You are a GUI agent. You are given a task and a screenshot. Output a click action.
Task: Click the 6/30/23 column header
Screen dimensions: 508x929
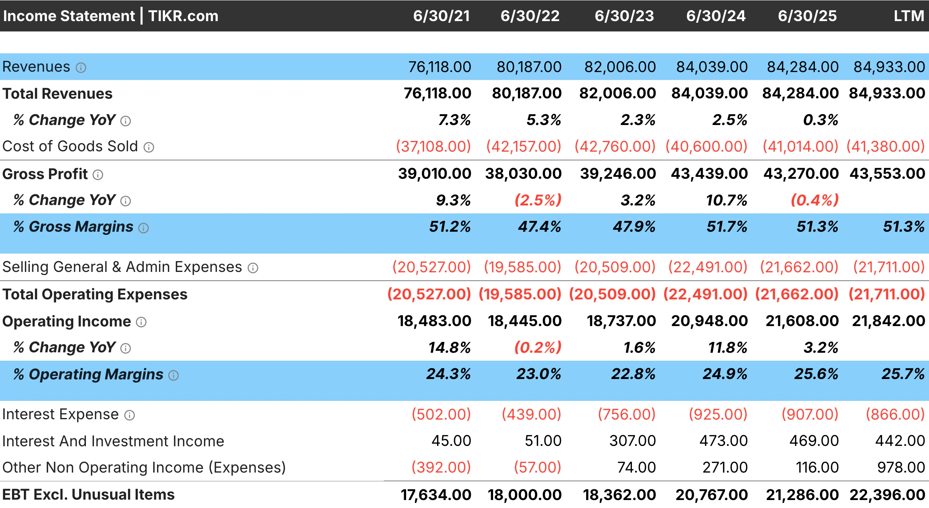tap(624, 16)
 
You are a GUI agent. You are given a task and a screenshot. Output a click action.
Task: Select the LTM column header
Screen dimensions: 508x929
tap(909, 16)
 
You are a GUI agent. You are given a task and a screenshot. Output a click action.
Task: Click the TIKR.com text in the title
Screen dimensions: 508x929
tap(183, 16)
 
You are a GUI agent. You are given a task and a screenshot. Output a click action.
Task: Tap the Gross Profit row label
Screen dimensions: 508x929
tap(45, 174)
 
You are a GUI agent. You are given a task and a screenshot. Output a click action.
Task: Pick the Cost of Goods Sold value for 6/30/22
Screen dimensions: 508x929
tap(523, 147)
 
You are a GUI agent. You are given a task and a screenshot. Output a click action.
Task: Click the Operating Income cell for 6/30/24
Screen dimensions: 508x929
tap(709, 321)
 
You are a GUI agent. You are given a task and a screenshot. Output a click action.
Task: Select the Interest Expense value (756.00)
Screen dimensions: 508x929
tap(626, 414)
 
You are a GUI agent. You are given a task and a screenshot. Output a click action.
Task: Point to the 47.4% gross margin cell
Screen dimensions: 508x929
tap(539, 227)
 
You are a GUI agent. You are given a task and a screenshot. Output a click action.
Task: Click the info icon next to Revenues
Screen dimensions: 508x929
tap(81, 68)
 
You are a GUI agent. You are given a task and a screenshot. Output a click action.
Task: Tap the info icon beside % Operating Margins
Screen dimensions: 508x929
tap(174, 375)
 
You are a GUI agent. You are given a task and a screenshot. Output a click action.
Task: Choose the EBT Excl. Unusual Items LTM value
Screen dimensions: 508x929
tap(887, 495)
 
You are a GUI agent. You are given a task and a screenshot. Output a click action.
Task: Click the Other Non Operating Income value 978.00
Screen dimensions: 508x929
tap(901, 467)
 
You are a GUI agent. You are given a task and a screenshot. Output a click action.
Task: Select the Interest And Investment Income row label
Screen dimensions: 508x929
tap(113, 441)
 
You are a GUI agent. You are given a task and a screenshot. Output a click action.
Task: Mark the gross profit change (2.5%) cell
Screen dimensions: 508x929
tap(538, 200)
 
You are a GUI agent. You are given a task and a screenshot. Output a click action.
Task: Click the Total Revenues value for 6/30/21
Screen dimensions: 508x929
tap(437, 93)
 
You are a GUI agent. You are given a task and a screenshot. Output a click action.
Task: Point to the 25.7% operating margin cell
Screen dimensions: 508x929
tap(903, 374)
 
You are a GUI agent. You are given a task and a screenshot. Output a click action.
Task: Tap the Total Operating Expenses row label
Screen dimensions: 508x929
tap(95, 294)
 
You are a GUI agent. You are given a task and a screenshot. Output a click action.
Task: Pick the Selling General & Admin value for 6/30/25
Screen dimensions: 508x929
tap(799, 267)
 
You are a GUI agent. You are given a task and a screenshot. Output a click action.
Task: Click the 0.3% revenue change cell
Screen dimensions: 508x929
tap(820, 120)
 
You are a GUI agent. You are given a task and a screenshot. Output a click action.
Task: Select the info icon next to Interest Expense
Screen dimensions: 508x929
tap(130, 415)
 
